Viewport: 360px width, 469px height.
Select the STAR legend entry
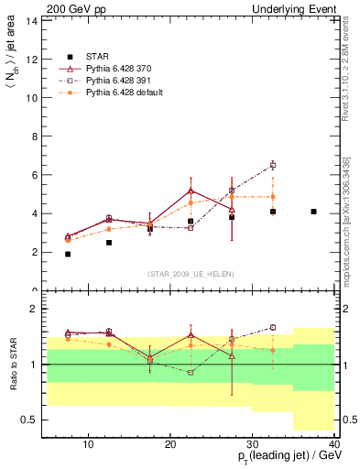pyautogui.click(x=96, y=56)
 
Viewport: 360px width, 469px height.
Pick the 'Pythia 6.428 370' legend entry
pyautogui.click(x=119, y=69)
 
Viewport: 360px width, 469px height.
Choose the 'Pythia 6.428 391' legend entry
pyautogui.click(x=119, y=81)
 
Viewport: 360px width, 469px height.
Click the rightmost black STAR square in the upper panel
pyautogui.click(x=313, y=212)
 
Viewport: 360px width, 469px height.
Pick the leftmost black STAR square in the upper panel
pyautogui.click(x=68, y=254)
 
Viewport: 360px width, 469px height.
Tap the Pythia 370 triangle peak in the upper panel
pyautogui.click(x=191, y=191)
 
